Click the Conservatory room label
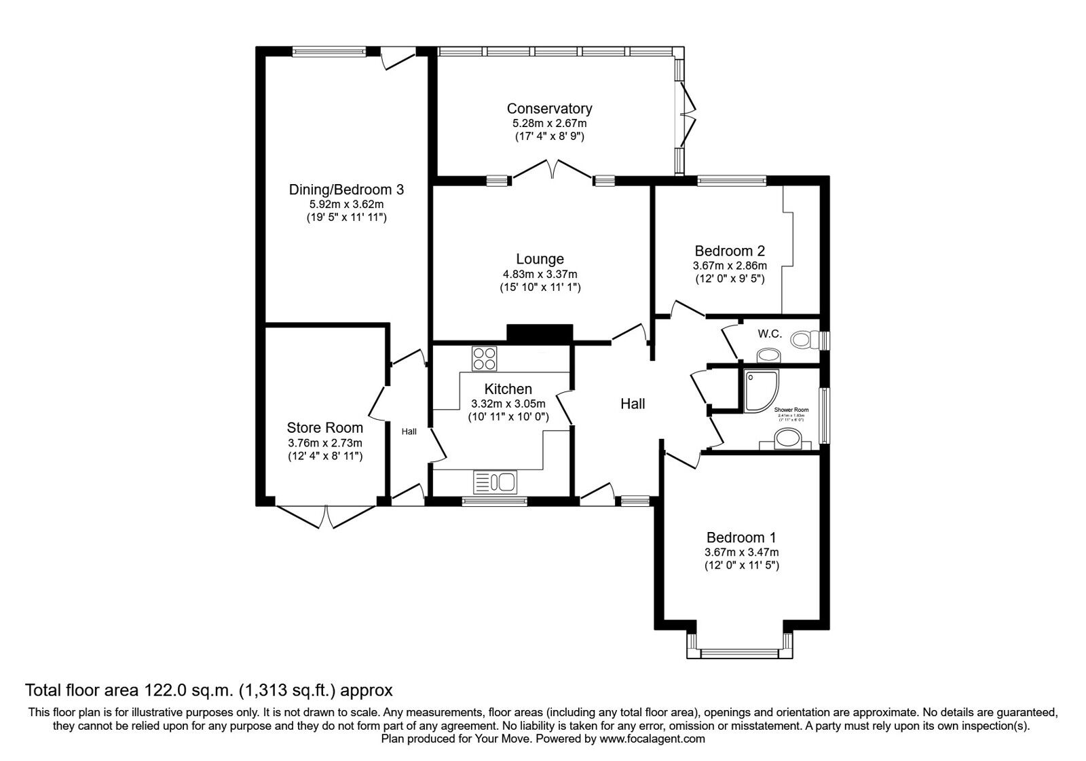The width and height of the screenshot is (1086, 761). [549, 109]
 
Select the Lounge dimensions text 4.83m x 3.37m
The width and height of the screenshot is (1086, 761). [540, 274]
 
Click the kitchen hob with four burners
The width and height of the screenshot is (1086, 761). [485, 358]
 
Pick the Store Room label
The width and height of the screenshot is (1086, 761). [324, 428]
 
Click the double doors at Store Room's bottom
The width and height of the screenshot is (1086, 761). [325, 516]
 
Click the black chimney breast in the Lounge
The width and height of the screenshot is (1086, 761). [540, 334]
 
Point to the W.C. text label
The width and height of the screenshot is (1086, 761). [770, 334]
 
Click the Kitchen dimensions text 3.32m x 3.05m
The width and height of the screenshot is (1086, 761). [508, 404]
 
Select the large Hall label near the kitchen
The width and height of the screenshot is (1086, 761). [633, 404]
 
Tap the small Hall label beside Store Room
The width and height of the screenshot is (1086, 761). [409, 431]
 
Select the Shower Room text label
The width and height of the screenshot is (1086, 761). [791, 410]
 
